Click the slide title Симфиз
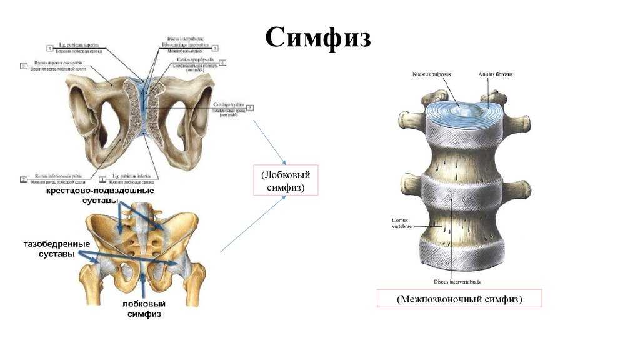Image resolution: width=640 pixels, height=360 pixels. point(319,38)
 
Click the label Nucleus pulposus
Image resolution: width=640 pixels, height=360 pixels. point(431,74)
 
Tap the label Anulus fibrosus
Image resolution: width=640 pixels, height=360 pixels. point(496,74)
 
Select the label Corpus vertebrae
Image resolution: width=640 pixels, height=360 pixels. point(401,224)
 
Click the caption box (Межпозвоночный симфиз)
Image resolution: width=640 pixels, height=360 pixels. point(459,299)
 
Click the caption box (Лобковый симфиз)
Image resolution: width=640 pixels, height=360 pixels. point(282,180)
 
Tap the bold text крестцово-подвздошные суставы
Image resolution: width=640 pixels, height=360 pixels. point(99,195)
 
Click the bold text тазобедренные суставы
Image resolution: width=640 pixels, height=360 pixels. point(57,249)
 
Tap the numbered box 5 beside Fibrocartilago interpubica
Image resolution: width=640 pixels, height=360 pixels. point(215,47)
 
